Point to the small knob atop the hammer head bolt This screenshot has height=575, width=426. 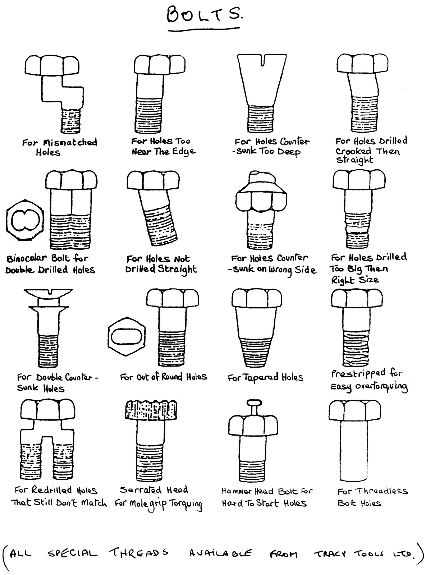(253, 403)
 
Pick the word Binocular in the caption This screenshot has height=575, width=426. (27, 258)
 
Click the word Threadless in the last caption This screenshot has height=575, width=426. (383, 491)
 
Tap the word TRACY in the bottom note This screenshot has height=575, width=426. (330, 554)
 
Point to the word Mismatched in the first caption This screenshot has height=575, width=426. (70, 143)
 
